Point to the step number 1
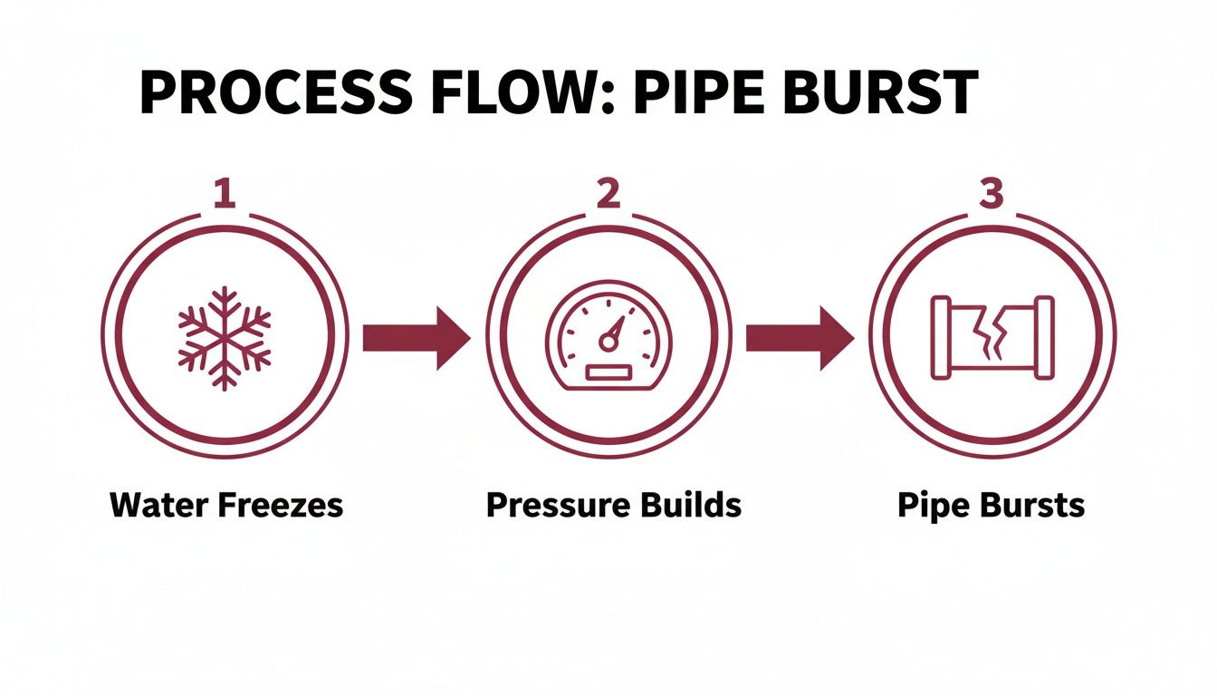point(224,194)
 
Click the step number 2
point(608,194)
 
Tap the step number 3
point(992,194)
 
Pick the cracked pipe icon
point(992,336)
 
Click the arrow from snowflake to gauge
point(416,338)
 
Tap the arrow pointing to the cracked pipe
point(799,338)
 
